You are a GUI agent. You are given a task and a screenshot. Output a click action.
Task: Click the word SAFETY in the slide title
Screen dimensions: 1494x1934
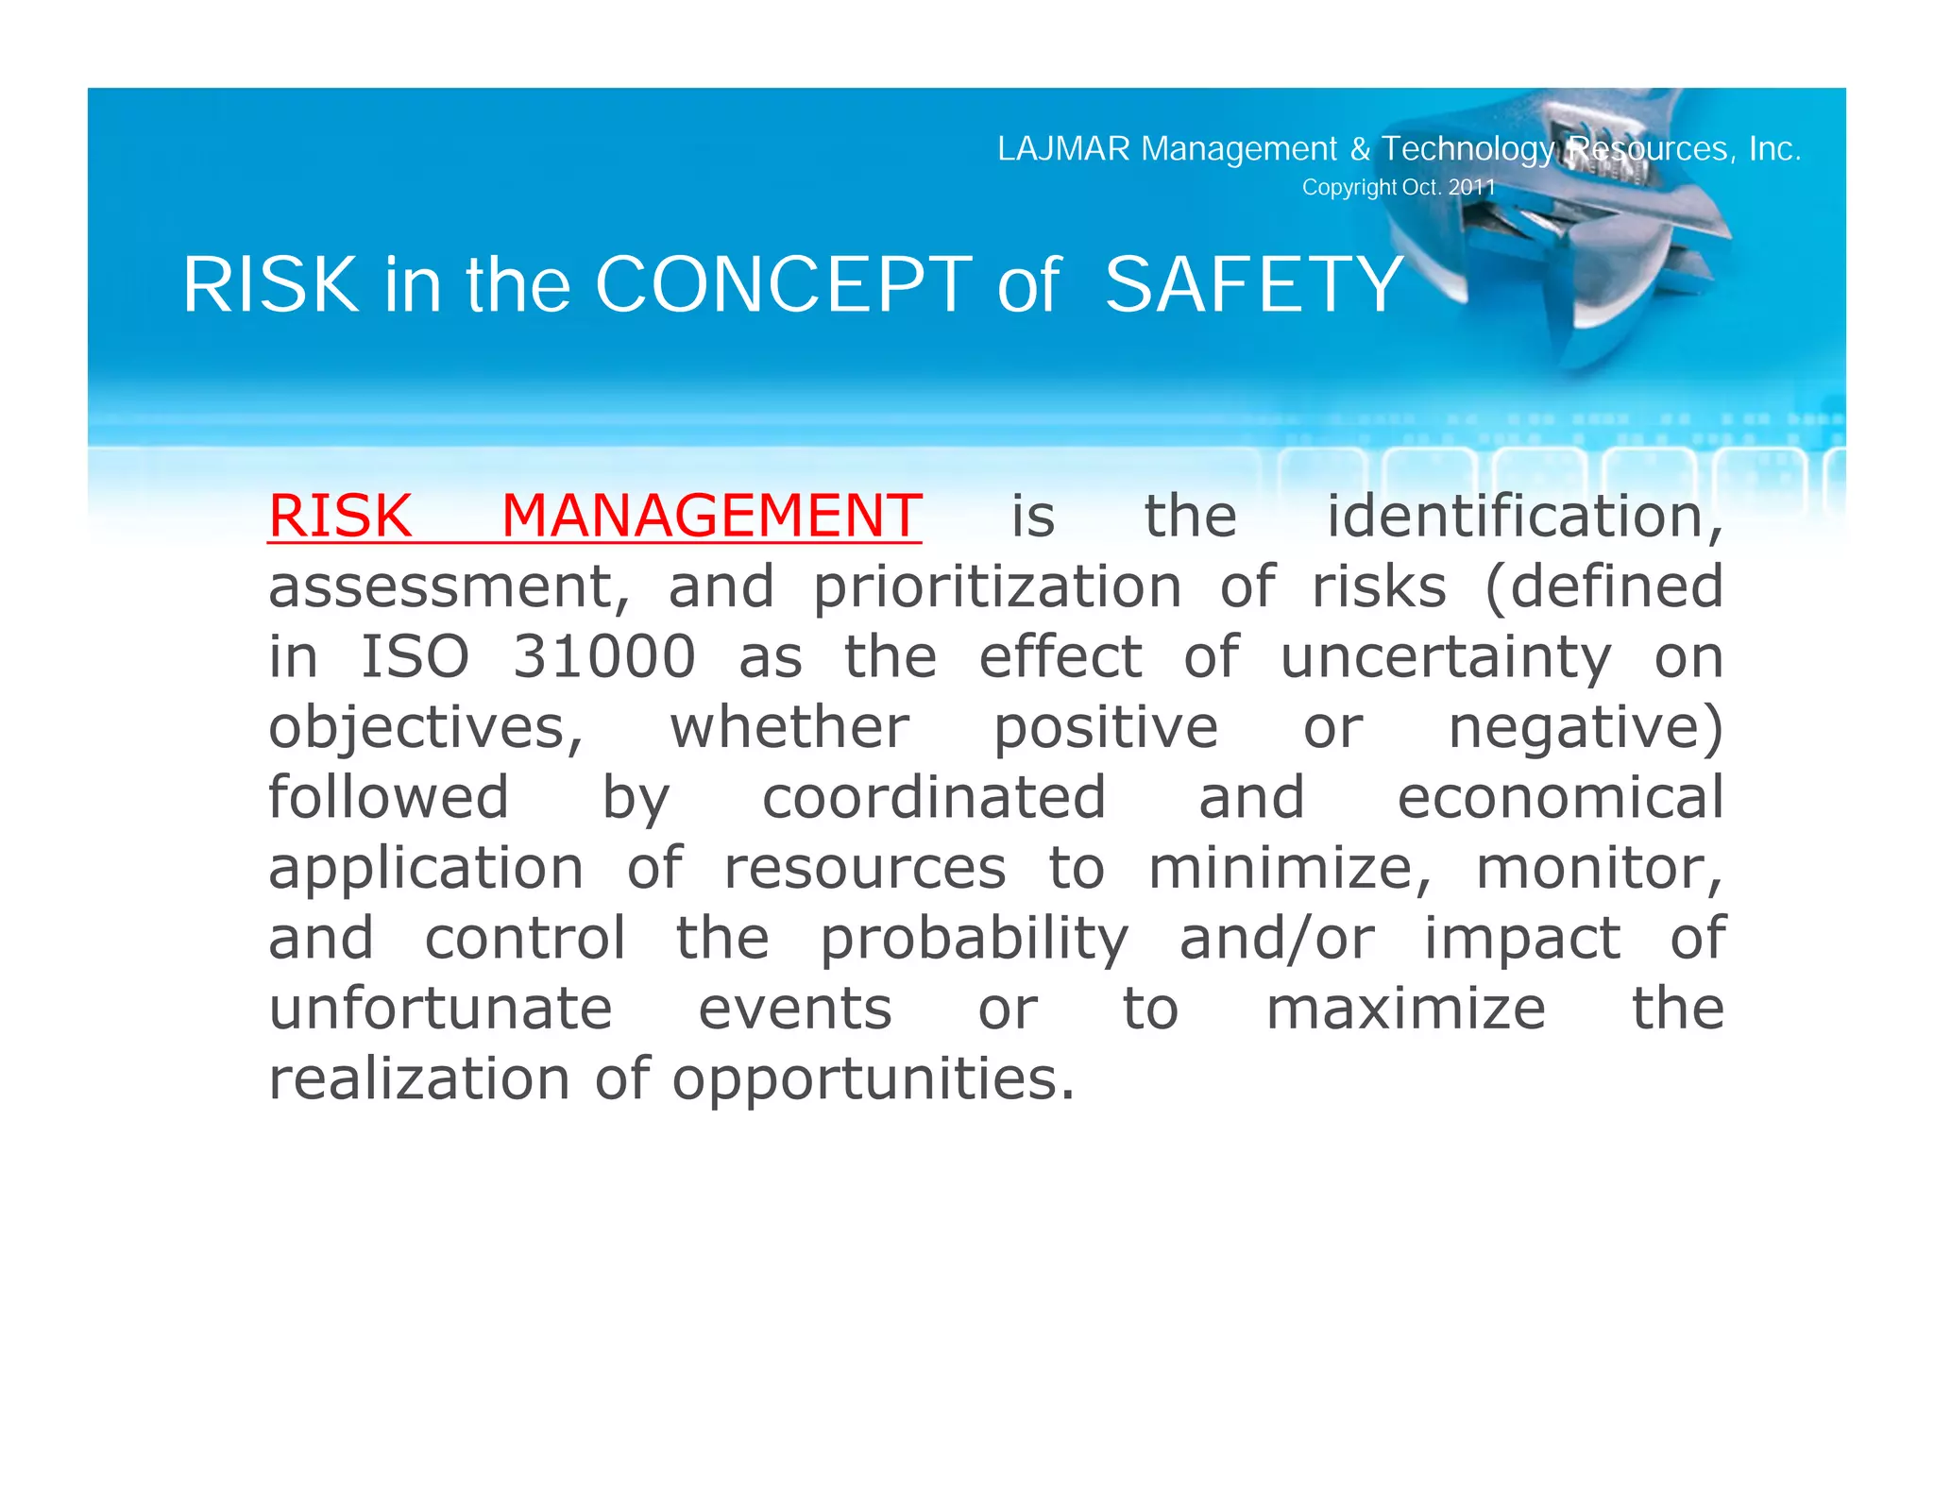pos(1253,284)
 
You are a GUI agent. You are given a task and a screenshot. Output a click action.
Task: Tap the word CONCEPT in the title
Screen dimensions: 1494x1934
pos(783,284)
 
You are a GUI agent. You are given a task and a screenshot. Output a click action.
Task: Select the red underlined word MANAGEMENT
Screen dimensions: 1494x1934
pos(710,517)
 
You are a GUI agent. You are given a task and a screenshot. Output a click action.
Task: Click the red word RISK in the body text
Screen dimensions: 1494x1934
pos(340,517)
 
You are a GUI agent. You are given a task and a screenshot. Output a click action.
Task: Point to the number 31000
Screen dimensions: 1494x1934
pos(604,657)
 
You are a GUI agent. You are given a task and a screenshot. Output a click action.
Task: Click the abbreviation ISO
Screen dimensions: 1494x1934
pos(416,657)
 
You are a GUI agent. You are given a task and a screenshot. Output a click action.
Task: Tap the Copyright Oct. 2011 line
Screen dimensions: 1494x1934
pos(1399,187)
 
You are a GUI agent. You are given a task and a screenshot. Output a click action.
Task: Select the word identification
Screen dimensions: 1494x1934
pos(1524,517)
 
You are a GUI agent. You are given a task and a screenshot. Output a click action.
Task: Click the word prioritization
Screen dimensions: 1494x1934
pos(997,587)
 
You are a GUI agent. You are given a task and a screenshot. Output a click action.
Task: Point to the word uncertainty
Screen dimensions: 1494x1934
pos(1446,657)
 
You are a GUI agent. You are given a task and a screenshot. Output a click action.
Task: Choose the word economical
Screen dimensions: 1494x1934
pos(1560,798)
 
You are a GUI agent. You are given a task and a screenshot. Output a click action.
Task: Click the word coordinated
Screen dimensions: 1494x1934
pos(934,798)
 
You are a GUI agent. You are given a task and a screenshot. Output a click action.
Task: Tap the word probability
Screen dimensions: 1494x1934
pos(974,940)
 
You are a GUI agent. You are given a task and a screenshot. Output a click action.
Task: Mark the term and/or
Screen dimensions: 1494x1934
pos(1277,939)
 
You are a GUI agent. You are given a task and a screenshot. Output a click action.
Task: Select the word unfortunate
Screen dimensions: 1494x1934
pos(441,1009)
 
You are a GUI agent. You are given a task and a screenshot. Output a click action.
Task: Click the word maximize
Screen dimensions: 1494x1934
pos(1405,1009)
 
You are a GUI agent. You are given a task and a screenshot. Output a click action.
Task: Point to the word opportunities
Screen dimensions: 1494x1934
pos(873,1079)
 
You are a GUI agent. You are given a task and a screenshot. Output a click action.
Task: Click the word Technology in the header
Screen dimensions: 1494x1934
pos(1467,149)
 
